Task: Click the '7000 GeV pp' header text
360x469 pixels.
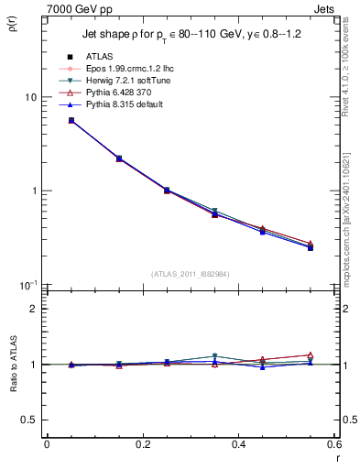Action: (x=77, y=7)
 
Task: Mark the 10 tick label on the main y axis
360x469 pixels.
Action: (x=30, y=98)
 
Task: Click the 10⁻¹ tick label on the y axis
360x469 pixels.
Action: (x=28, y=285)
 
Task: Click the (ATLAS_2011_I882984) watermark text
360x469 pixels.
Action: (x=190, y=274)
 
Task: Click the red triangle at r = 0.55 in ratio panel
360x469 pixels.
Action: (x=310, y=355)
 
